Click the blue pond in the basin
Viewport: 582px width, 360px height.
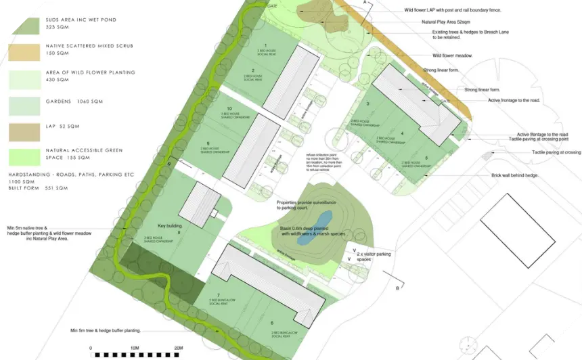click(x=324, y=219)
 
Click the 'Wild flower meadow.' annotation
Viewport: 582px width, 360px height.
click(x=452, y=55)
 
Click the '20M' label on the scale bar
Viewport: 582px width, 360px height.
click(x=179, y=347)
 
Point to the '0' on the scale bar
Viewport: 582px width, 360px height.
click(x=91, y=347)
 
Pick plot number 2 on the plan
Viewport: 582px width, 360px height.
click(x=252, y=70)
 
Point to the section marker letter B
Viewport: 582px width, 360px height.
click(x=397, y=288)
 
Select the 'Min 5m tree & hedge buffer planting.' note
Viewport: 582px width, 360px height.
click(x=105, y=330)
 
